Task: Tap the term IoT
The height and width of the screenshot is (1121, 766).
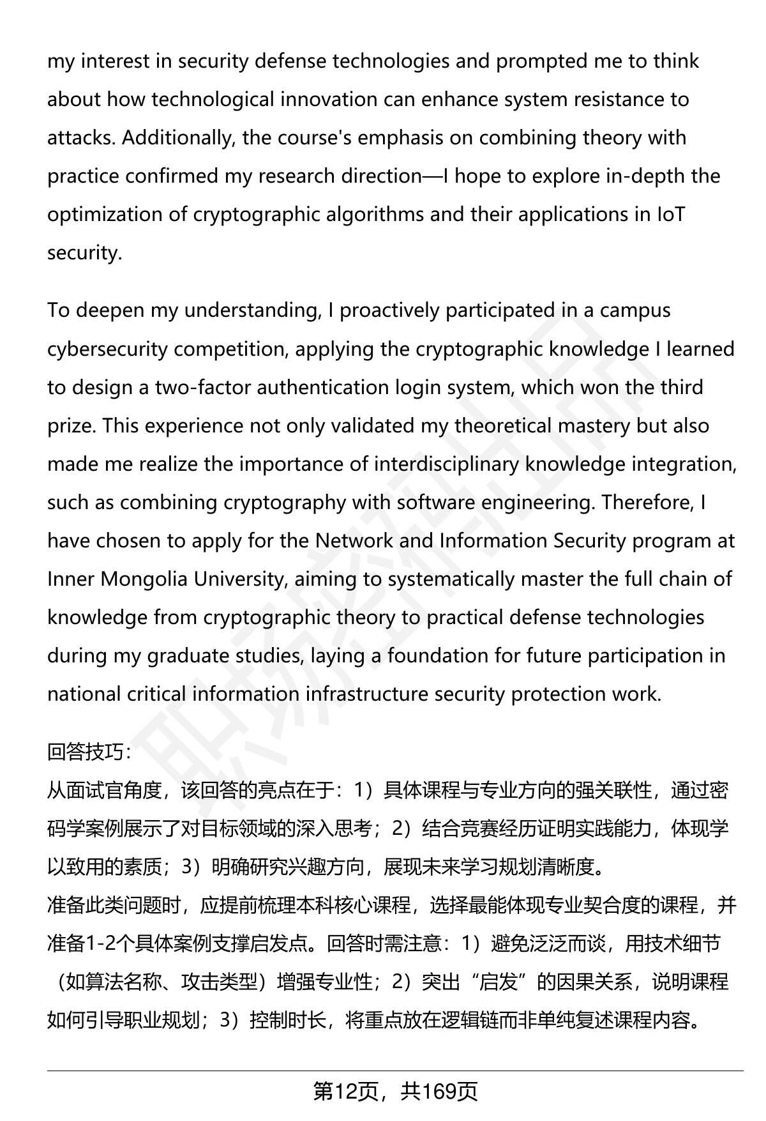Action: point(670,215)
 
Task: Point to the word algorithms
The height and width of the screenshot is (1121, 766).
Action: point(373,215)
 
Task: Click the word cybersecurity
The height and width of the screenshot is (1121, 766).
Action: point(107,349)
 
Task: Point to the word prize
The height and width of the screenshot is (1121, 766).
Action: point(70,426)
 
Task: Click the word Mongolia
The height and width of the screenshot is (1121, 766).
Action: point(145,579)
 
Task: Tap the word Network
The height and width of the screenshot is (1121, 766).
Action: point(354,541)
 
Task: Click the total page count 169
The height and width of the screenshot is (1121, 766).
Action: point(440,1092)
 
